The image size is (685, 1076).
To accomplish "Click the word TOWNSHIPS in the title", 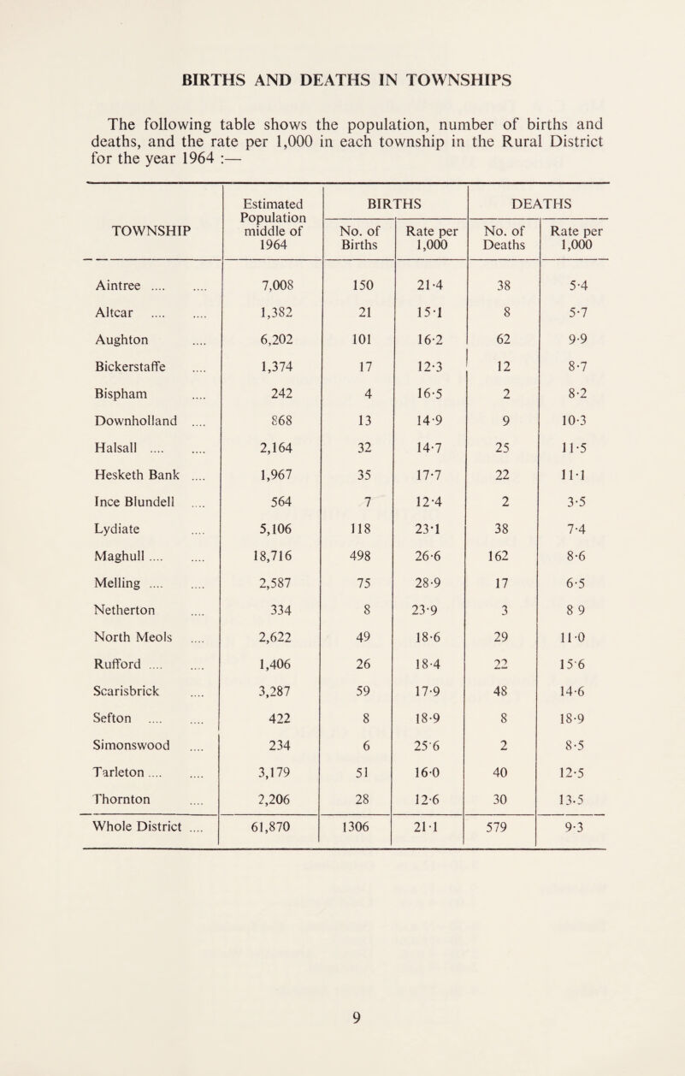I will point(448,80).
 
